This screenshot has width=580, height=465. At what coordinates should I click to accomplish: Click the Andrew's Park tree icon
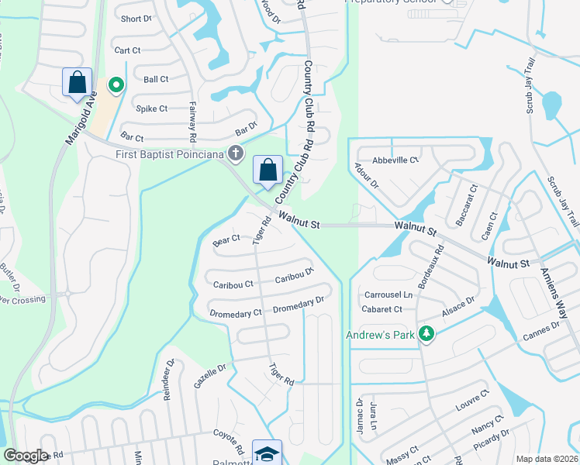click(424, 334)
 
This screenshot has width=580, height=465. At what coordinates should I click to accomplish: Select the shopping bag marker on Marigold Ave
click(78, 82)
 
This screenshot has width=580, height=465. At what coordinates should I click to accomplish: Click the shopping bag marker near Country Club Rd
click(268, 170)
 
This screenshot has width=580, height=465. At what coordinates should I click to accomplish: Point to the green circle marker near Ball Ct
click(116, 84)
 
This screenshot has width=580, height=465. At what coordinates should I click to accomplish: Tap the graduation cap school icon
click(268, 454)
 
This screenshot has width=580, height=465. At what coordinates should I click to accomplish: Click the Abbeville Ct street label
click(395, 160)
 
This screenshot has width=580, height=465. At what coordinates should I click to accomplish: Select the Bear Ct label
click(226, 241)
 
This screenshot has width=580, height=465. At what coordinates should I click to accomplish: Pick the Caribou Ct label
click(233, 284)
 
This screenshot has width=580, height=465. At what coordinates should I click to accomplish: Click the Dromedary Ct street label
click(236, 314)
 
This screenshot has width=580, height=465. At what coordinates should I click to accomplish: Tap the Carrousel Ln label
click(388, 294)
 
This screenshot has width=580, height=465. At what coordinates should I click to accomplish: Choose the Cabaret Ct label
click(382, 309)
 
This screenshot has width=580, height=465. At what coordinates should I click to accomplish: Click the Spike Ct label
click(152, 108)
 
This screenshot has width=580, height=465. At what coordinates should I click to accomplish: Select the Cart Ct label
click(127, 50)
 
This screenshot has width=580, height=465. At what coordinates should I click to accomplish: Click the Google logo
click(26, 456)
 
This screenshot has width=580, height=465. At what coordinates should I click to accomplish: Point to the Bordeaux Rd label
click(430, 267)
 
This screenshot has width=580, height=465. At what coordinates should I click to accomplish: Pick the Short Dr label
click(136, 19)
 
